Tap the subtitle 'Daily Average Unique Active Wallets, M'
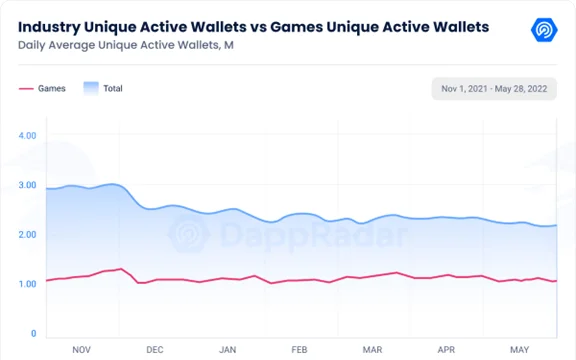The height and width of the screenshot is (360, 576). pos(126,45)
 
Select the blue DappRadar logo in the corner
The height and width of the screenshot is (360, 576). pos(544,30)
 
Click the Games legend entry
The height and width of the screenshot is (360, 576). pos(42,89)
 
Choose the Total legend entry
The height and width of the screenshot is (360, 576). pos(103,89)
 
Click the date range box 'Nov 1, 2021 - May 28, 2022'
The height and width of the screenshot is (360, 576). pos(494,89)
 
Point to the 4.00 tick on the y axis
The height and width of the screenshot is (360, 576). pos(28,136)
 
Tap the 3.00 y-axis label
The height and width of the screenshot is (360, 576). pos(28,185)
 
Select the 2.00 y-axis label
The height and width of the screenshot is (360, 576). pos(28,234)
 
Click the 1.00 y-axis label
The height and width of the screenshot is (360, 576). pos(28,284)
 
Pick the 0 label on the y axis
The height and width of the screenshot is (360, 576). pos(33,334)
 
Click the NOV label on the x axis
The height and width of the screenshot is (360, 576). pos(82,350)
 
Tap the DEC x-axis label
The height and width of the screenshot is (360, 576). pos(155,350)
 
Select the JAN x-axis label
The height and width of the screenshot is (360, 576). pos(227,350)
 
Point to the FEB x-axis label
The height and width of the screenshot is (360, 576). pos(299,350)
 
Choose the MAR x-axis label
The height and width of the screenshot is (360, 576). pos(372,350)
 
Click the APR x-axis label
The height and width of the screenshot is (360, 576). pos(446,350)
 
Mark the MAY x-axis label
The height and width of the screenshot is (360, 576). pos(519,350)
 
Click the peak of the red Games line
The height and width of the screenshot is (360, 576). pos(120,269)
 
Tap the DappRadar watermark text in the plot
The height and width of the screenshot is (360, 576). pos(314,234)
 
